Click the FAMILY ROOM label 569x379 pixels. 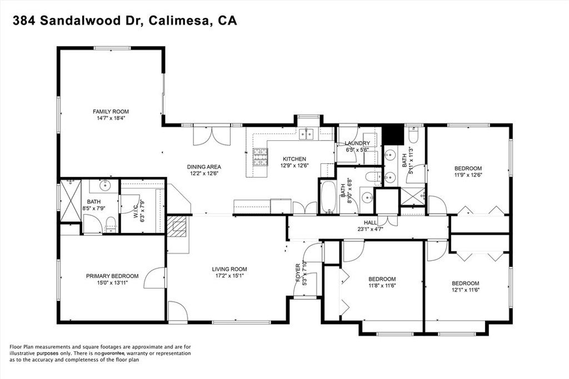(x=111, y=112)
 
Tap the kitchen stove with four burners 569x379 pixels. (x=260, y=158)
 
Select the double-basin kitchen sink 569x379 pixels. (x=306, y=134)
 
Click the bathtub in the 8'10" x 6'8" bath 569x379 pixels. (x=328, y=196)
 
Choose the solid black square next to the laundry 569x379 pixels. (x=393, y=135)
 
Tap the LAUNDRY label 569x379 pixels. (x=357, y=143)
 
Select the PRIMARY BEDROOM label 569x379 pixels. (x=112, y=276)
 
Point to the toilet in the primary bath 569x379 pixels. (x=110, y=224)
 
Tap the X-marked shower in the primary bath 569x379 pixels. (x=71, y=200)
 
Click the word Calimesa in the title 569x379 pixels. (x=174, y=21)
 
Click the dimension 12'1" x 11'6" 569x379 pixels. (x=465, y=290)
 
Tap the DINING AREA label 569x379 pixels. (x=204, y=167)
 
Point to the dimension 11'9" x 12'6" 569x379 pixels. (x=468, y=175)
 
